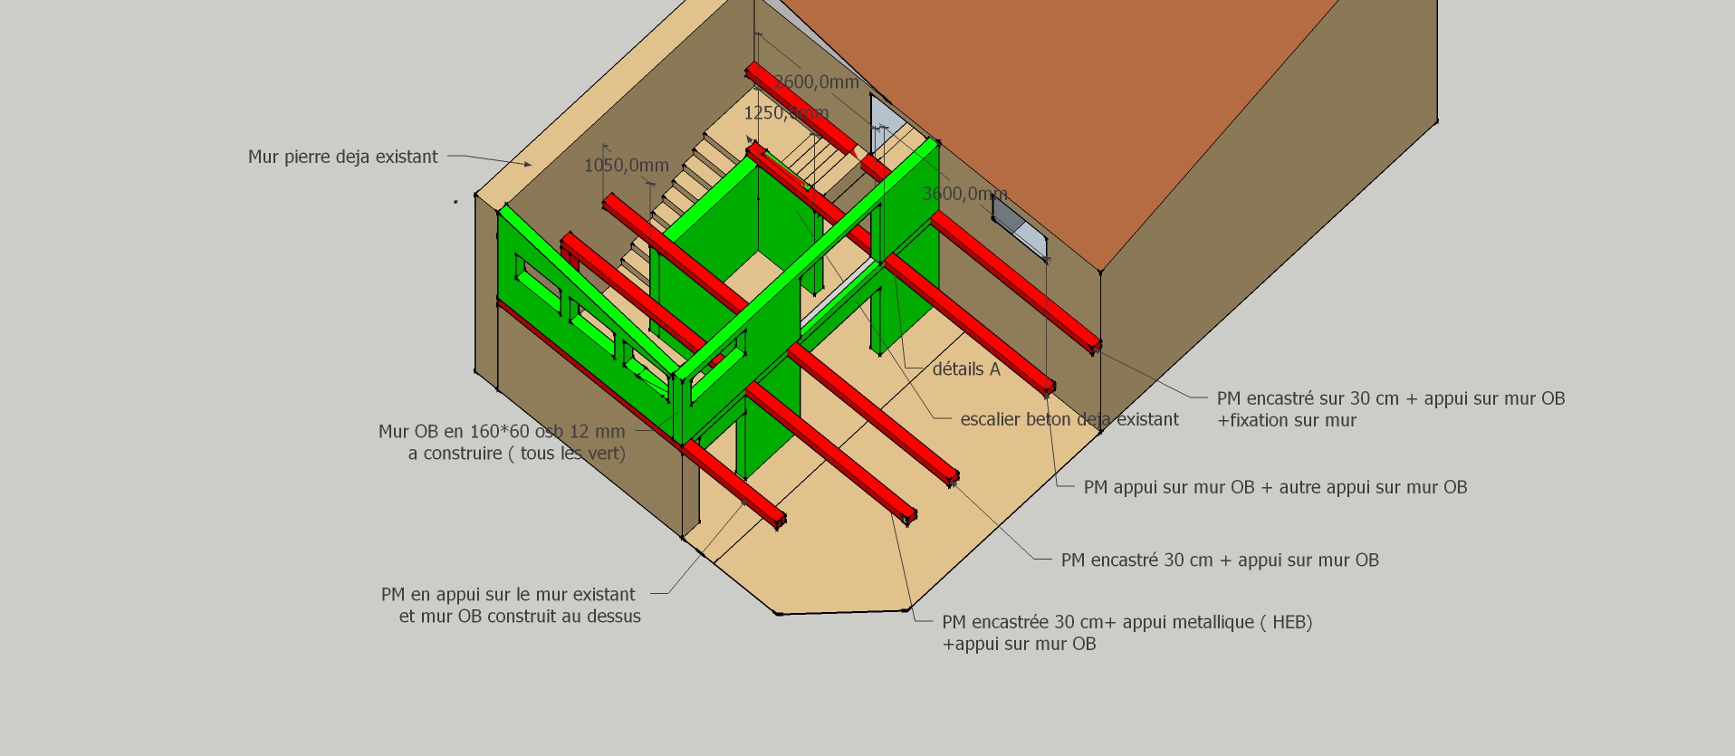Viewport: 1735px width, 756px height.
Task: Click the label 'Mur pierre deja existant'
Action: click(x=342, y=157)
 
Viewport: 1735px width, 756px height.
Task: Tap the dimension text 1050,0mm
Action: click(x=626, y=166)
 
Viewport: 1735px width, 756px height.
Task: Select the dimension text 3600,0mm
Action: click(x=963, y=194)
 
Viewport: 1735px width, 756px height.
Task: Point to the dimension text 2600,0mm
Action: click(x=816, y=82)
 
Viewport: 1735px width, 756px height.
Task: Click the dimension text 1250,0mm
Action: click(x=785, y=113)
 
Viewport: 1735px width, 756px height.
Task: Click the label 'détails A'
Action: click(x=965, y=369)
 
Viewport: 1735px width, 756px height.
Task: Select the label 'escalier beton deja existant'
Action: click(x=1069, y=419)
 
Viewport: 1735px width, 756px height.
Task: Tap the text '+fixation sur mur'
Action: click(x=1286, y=420)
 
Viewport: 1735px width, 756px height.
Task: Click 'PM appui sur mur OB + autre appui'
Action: click(x=1274, y=487)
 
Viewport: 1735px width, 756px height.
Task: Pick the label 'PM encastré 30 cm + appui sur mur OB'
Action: click(x=1219, y=560)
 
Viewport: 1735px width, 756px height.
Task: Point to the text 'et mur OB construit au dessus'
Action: click(x=520, y=617)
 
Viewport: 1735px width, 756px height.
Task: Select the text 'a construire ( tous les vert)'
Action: click(x=516, y=454)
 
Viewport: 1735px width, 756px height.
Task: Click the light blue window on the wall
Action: click(x=1020, y=224)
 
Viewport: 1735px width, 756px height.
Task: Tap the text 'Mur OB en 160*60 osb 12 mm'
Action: click(x=502, y=432)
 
